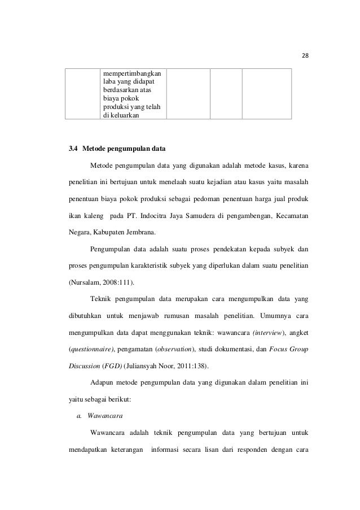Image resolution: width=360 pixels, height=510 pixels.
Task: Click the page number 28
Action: tap(306, 56)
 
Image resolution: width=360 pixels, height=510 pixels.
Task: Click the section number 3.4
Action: tap(73, 149)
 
